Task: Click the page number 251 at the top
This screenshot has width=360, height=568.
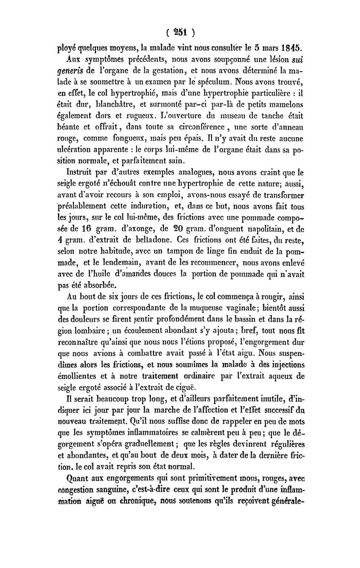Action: [180, 32]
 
